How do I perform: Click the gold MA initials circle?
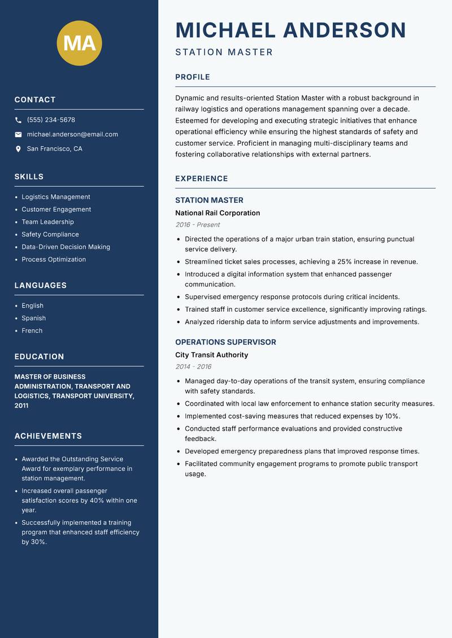[80, 43]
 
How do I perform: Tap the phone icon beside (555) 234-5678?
[18, 120]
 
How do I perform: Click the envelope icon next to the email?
[18, 134]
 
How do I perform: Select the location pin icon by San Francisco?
[18, 149]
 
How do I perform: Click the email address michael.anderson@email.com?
[72, 134]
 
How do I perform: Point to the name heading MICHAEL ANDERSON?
[290, 30]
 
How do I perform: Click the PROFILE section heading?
[192, 77]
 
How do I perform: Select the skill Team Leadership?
[47, 222]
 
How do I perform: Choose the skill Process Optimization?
[54, 260]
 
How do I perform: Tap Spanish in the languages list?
[33, 318]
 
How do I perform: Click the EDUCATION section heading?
[39, 357]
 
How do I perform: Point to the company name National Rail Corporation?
[218, 213]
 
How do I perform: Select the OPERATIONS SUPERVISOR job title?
[225, 342]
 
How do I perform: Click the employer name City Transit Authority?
[211, 355]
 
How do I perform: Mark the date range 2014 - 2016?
[193, 367]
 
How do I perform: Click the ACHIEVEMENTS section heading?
[48, 436]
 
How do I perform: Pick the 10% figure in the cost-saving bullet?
[392, 416]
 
